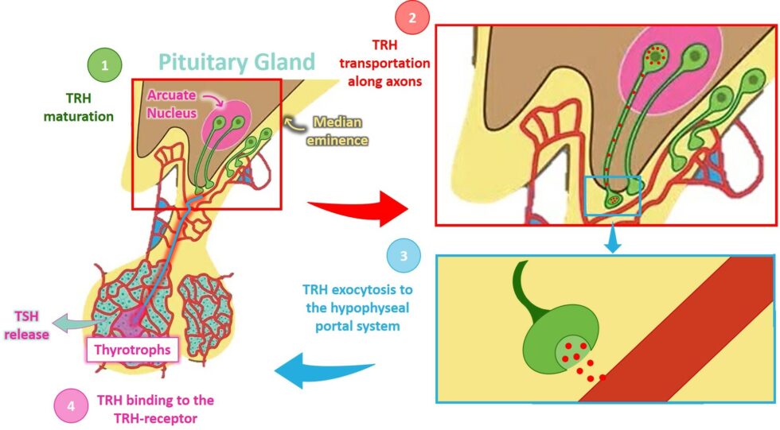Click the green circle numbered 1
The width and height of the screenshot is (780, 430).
[x=104, y=67]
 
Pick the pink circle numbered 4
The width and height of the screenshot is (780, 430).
[x=71, y=406]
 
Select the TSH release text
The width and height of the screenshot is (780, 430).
[x=26, y=327]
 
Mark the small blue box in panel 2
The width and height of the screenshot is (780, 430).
[x=612, y=196]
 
